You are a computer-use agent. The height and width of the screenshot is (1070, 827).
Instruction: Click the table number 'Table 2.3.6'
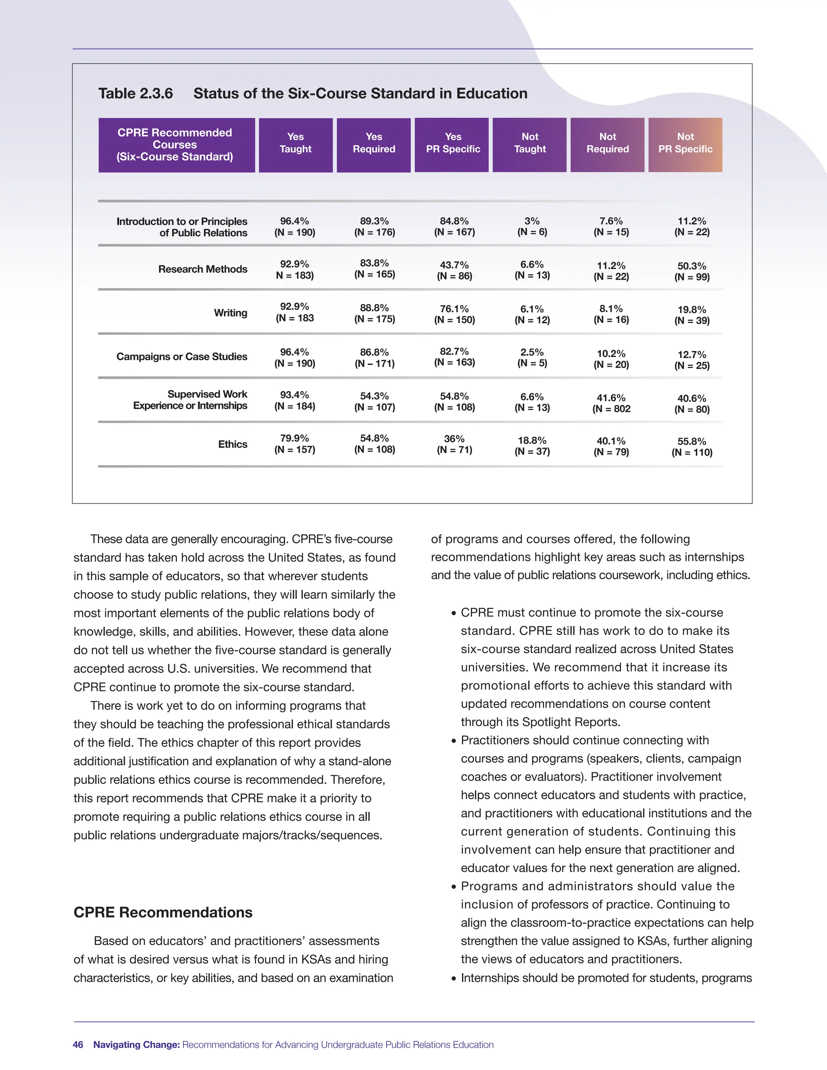point(135,93)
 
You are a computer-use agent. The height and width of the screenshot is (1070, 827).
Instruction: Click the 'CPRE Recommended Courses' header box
point(175,145)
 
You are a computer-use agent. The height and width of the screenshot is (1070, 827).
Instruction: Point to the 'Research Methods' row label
point(202,269)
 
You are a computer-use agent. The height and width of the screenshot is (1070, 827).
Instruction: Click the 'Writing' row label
point(230,313)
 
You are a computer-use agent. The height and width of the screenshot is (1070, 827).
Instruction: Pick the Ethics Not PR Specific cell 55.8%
point(692,446)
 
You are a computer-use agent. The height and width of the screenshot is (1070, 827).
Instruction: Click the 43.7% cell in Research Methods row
point(454,270)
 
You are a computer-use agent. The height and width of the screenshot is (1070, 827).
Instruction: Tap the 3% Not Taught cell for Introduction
point(532,227)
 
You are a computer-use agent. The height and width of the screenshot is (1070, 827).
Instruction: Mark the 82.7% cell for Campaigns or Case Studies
point(454,357)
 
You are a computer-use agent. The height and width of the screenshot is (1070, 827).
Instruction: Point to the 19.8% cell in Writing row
point(692,315)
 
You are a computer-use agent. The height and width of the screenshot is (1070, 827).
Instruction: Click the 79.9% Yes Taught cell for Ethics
point(294,443)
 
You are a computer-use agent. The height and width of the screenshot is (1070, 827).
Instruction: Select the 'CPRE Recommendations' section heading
point(163,912)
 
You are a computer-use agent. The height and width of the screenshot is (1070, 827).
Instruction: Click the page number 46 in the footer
point(78,1045)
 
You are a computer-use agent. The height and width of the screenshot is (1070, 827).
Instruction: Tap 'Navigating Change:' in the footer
point(137,1045)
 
